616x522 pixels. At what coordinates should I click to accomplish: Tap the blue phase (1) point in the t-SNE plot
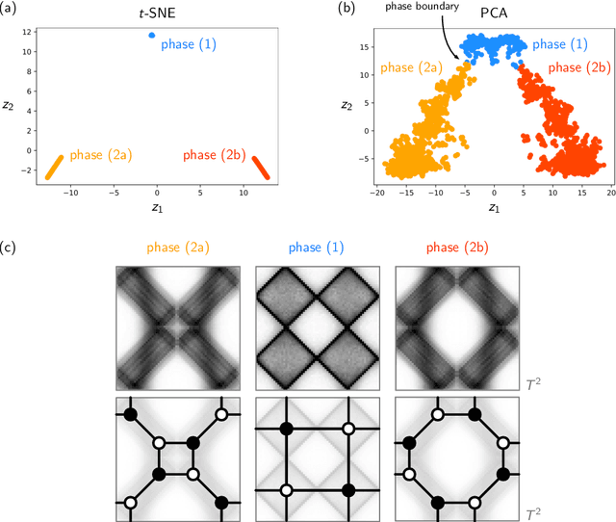click(151, 36)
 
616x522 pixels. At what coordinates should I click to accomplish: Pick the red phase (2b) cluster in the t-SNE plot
click(262, 167)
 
